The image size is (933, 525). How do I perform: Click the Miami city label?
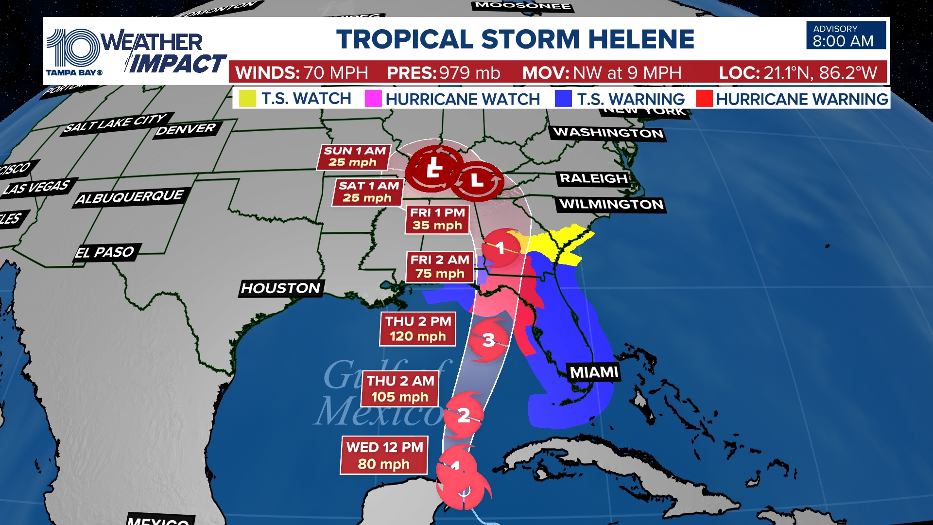click(x=594, y=372)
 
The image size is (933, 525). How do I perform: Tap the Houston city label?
click(x=281, y=288)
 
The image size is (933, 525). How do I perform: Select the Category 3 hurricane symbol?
click(x=488, y=340)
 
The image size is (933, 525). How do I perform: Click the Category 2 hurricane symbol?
click(x=464, y=415)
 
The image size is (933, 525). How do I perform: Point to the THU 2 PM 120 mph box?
click(x=417, y=329)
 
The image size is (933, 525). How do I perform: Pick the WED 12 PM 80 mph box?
click(x=384, y=455)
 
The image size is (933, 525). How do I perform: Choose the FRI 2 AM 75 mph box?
click(x=440, y=266)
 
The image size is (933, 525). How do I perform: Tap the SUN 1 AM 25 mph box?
click(x=354, y=157)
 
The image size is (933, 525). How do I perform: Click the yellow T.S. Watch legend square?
click(x=247, y=99)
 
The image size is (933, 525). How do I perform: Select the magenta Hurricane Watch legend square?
click(x=373, y=99)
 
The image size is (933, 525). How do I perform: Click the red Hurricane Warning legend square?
click(x=704, y=99)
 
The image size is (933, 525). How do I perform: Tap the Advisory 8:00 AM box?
click(x=846, y=35)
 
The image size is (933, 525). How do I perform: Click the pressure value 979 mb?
click(x=469, y=73)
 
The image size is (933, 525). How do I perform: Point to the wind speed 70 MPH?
click(x=335, y=73)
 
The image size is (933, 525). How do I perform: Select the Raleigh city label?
click(x=593, y=178)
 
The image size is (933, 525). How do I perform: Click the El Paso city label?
click(x=105, y=252)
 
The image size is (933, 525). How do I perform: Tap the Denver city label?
click(x=186, y=129)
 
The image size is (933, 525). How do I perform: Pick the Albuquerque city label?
click(x=130, y=197)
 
